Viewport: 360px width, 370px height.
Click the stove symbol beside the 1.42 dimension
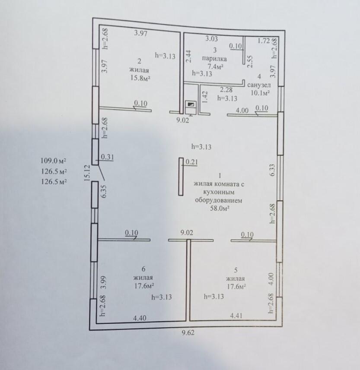pos(191,108)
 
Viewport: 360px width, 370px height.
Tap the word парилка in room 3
pos(214,59)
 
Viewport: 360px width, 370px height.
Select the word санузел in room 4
pos(259,85)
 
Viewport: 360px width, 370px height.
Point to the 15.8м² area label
pos(140,78)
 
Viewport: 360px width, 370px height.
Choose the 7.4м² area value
pos(215,66)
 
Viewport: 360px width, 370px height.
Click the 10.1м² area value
pos(260,93)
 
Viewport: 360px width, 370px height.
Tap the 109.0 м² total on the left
pos(54,161)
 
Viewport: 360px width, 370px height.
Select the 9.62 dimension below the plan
pos(188,333)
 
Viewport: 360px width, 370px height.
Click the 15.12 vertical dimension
pos(87,173)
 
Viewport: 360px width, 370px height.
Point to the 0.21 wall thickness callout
pos(191,162)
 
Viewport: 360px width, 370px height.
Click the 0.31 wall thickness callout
pos(108,157)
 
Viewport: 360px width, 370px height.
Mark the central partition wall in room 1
pos(181,177)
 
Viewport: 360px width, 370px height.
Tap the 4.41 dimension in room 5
pos(236,316)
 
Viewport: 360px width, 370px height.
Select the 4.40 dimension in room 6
pos(140,318)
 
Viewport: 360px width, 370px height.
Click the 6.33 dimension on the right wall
pos(272,170)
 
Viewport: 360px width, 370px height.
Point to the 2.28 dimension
pos(226,90)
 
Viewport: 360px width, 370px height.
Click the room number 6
pos(143,269)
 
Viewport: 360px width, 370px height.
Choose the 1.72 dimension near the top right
pos(264,41)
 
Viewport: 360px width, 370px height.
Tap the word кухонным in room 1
pos(219,192)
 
